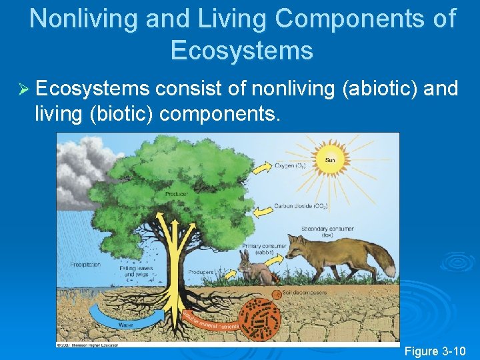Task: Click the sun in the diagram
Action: (x=329, y=161)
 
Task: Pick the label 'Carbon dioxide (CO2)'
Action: (x=301, y=206)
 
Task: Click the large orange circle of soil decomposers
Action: (x=261, y=319)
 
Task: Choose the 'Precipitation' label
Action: (x=85, y=265)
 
